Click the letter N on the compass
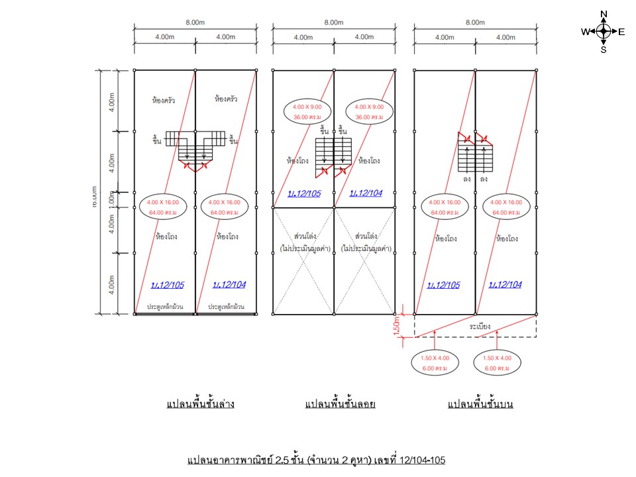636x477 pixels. click(x=604, y=14)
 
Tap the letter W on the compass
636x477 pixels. click(x=585, y=31)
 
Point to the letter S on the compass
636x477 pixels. click(x=604, y=49)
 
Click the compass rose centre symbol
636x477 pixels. click(x=604, y=31)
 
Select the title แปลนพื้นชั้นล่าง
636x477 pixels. click(x=199, y=403)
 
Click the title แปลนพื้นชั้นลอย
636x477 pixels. click(x=340, y=403)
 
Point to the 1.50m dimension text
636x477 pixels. click(x=399, y=327)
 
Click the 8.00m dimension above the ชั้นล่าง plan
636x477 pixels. click(x=195, y=23)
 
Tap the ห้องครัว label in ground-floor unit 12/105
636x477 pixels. click(x=163, y=101)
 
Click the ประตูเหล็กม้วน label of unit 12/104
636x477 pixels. click(x=226, y=307)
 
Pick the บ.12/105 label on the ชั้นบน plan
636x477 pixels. click(x=445, y=285)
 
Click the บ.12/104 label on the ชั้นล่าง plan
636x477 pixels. click(x=229, y=285)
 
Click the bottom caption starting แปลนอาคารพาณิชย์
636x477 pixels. click(x=317, y=459)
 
